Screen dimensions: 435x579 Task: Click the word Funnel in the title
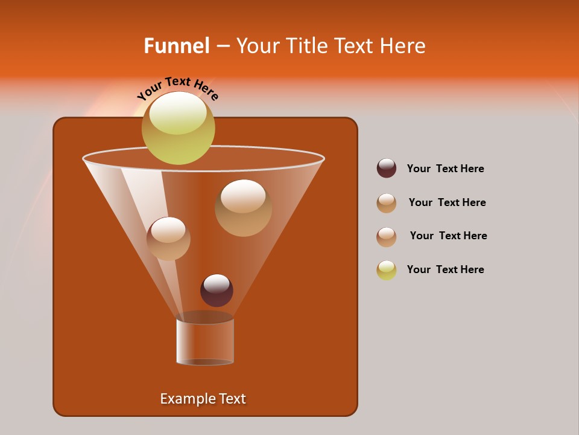[176, 46]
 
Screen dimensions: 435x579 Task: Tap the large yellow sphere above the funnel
[178, 127]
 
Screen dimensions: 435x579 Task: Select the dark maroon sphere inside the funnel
[217, 290]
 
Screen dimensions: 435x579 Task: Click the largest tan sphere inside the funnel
[243, 208]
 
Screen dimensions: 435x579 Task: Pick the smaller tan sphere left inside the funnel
[168, 239]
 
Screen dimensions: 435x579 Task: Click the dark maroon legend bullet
[387, 168]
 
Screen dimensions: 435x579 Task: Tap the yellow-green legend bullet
[387, 270]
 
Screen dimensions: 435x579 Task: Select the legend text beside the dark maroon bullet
[445, 169]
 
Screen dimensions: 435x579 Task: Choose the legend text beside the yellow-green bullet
[445, 269]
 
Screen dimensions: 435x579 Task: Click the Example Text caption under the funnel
[203, 399]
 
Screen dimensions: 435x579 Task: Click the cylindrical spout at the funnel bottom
[205, 341]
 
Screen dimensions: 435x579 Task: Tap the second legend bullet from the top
[387, 203]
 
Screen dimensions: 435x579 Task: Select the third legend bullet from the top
[387, 237]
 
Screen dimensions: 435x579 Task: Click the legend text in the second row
[447, 202]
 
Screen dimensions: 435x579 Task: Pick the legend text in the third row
[448, 236]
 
